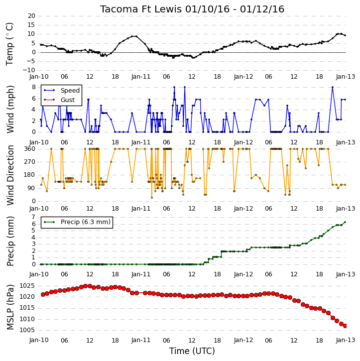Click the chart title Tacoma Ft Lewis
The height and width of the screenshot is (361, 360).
tap(141, 9)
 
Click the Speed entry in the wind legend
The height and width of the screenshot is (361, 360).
tap(70, 91)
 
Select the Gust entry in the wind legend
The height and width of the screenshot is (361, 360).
tap(68, 100)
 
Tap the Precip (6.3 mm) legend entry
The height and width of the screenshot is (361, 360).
tap(86, 222)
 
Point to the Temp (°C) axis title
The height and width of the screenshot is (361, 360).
tap(9, 44)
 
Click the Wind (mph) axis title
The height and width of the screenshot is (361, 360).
tap(10, 110)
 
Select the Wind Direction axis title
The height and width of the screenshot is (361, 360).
tap(10, 175)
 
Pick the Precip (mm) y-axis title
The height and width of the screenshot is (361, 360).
tap(10, 241)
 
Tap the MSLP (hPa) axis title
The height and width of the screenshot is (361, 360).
tap(10, 307)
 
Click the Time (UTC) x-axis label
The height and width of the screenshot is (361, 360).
tap(192, 351)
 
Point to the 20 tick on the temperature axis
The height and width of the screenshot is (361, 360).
tap(31, 16)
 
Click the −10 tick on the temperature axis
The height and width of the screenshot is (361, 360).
tap(29, 70)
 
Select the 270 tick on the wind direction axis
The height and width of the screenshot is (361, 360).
tap(30, 162)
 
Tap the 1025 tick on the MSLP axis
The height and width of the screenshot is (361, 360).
tap(27, 286)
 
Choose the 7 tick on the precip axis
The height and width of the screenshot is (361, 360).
tap(33, 217)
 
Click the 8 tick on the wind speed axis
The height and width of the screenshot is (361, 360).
tap(34, 87)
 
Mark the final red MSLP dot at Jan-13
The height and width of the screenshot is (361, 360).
tap(345, 326)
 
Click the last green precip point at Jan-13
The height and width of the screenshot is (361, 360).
tap(345, 222)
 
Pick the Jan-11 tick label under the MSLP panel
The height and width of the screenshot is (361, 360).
tap(141, 340)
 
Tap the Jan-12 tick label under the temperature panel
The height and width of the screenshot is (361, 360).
tap(243, 77)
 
